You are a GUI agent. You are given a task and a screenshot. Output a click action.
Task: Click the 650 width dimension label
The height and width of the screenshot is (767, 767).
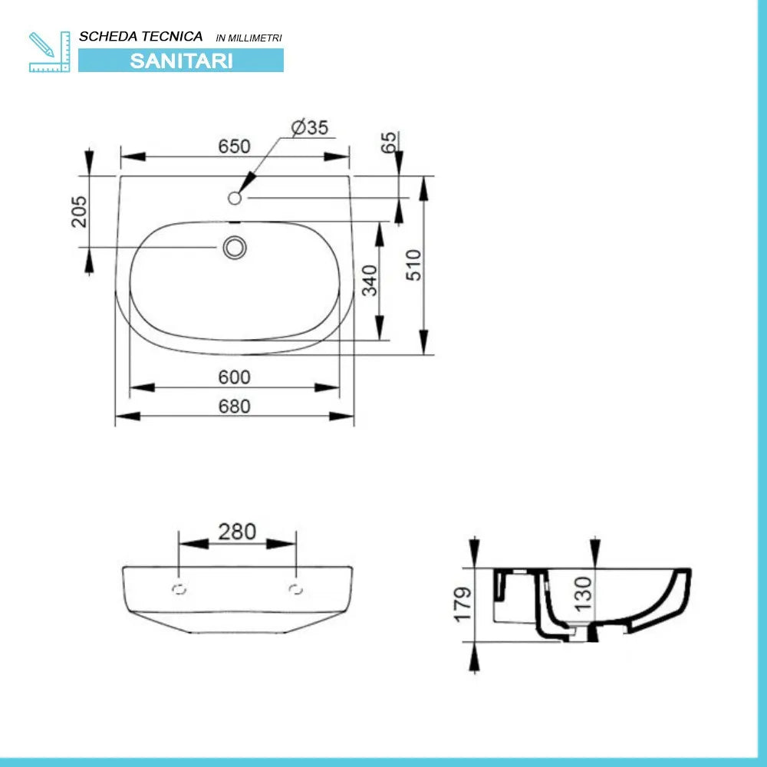[x=234, y=146]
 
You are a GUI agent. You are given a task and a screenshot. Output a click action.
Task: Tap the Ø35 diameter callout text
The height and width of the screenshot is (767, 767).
[x=310, y=127]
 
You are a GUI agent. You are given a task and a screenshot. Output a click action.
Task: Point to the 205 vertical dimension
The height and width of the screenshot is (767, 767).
[x=79, y=211]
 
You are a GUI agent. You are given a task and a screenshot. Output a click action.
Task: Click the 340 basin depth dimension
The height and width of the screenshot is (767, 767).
[x=370, y=281]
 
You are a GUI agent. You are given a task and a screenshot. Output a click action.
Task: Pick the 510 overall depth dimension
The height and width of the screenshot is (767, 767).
[x=413, y=265]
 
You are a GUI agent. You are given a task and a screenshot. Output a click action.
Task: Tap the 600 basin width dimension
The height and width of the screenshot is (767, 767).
[x=234, y=377]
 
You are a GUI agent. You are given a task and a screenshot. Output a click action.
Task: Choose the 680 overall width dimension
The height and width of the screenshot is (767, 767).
[x=234, y=406]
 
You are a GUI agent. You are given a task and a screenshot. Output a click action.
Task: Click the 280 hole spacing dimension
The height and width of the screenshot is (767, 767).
[x=237, y=532]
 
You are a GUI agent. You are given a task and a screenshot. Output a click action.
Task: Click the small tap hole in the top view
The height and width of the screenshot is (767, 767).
[x=235, y=198]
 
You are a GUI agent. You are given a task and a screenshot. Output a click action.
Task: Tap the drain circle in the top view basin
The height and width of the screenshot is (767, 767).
[x=234, y=247]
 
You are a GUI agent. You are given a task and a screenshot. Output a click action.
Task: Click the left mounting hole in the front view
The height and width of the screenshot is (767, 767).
[x=179, y=589]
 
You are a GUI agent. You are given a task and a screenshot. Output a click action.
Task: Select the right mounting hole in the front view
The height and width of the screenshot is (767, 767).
[x=296, y=589]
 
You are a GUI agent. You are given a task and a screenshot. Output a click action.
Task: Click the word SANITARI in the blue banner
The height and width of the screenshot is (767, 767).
[x=181, y=61]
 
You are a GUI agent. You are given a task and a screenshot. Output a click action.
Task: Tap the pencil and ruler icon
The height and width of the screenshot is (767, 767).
[x=49, y=52]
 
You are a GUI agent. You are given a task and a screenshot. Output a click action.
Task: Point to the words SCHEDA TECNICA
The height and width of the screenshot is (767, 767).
[x=141, y=36]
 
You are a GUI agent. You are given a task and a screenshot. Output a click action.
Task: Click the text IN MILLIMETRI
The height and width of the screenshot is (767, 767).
[x=249, y=38]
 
